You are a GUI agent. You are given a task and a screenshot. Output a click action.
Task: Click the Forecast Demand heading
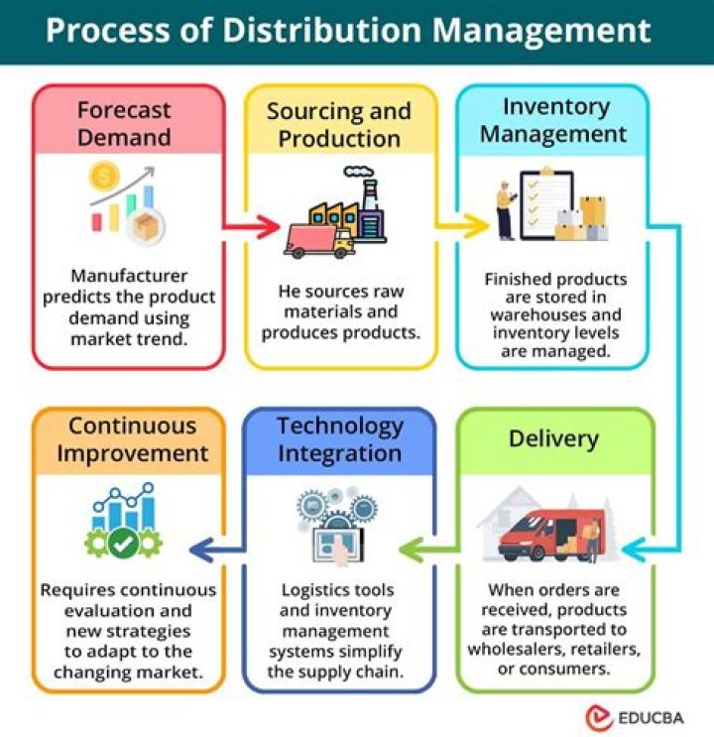125,123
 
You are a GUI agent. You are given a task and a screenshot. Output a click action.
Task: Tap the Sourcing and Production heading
338,123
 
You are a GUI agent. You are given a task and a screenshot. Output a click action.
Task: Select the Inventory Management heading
552,119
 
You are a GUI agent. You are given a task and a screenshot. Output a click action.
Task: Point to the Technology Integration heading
340,439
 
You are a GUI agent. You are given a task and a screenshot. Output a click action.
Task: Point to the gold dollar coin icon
104,180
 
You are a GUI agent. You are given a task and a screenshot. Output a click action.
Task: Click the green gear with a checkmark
124,543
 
